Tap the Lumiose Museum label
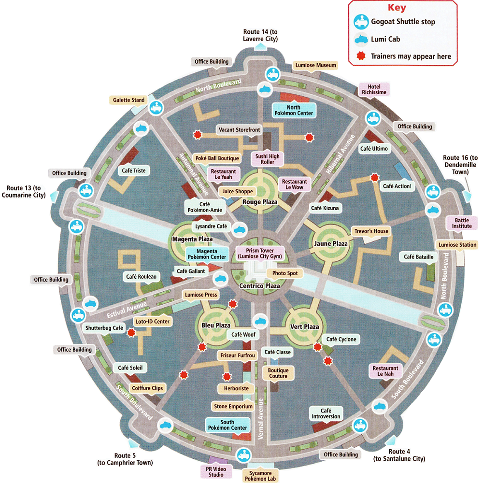pos(315,65)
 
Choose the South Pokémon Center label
pos(227,425)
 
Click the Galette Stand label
pos(129,100)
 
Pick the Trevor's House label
pos(371,231)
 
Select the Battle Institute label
pos(462,223)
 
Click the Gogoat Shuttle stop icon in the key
pos(361,21)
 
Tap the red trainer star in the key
pos(360,56)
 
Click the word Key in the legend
pos(397,8)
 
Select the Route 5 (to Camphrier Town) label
pos(125,459)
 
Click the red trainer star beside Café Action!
pos(374,177)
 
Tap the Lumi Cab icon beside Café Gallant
pos(221,278)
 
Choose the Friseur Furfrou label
pos(237,356)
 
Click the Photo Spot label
pos(285,273)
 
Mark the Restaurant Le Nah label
pos(385,371)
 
